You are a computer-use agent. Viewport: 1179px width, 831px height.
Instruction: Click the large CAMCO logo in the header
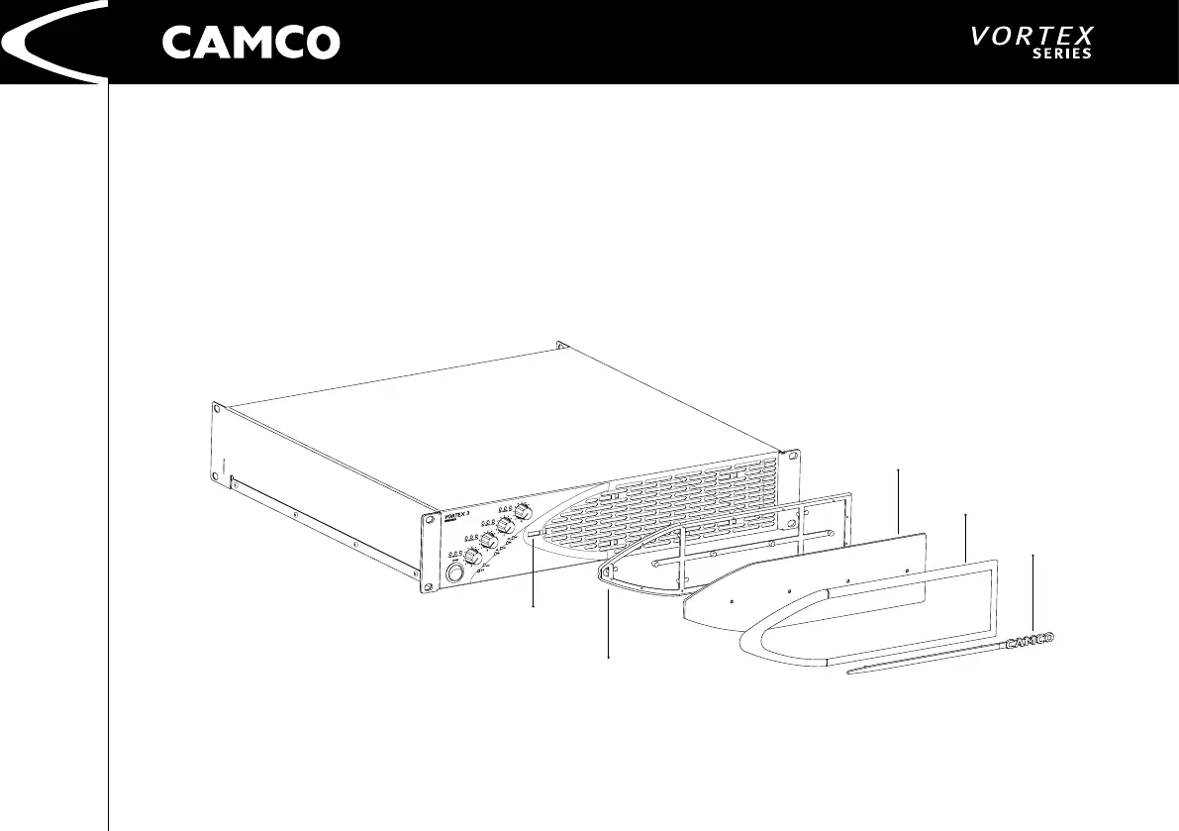click(x=250, y=43)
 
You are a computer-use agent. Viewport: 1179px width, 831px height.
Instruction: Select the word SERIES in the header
click(x=1062, y=54)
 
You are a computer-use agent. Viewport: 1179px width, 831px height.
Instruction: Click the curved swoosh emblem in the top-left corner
click(x=49, y=43)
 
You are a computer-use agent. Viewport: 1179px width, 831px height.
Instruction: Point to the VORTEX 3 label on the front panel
click(x=454, y=516)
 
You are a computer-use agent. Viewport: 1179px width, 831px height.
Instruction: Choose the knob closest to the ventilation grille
click(x=523, y=512)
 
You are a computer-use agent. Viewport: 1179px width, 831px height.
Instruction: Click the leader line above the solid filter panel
click(x=898, y=500)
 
